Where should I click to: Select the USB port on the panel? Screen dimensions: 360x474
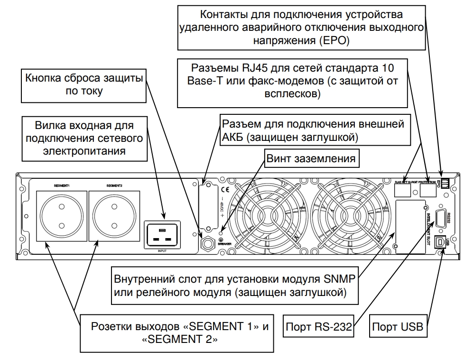click(x=442, y=242)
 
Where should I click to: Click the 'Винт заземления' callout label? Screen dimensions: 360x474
click(x=311, y=158)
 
